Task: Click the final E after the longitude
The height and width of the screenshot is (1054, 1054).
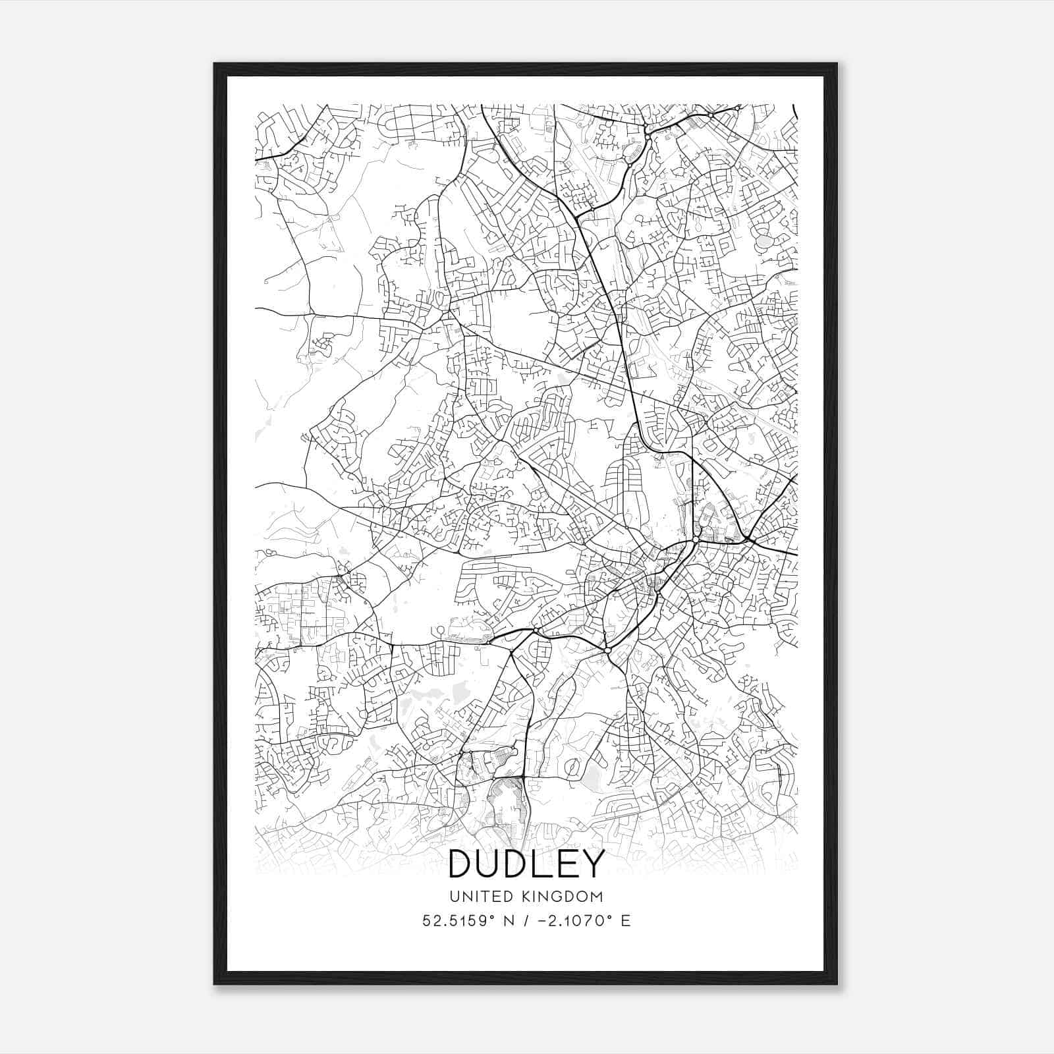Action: [626, 920]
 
